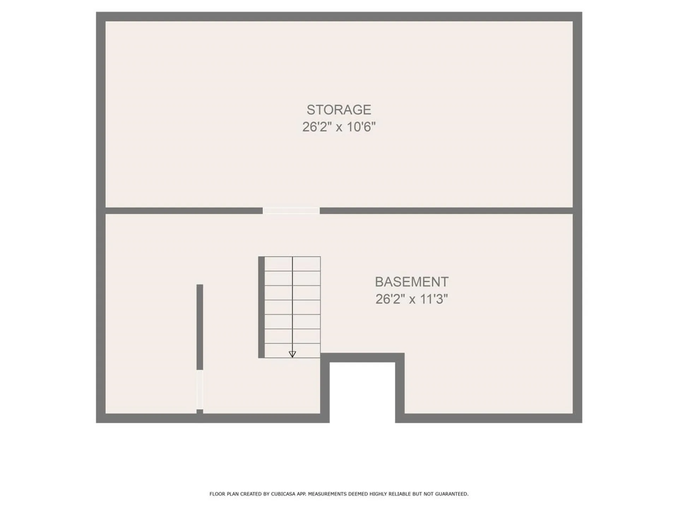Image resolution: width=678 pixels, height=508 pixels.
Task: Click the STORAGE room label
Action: pos(339,110)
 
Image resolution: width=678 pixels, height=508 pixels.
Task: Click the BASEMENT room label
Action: pos(411,282)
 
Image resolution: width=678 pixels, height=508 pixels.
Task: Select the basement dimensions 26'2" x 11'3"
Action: pos(411,300)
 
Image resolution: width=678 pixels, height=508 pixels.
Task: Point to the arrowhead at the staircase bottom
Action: pos(292,354)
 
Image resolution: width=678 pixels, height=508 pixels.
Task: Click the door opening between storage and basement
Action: pos(291,211)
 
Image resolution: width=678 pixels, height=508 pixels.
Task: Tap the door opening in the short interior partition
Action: pos(200,389)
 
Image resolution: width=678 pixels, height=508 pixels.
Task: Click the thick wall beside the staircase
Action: pos(261,307)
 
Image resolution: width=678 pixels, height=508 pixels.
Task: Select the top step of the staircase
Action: pos(292,264)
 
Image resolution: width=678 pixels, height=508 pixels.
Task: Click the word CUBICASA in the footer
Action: pos(283,494)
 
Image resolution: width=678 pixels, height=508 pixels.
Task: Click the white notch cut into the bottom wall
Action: pos(362,392)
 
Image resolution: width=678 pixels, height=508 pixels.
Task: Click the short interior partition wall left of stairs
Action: pos(200,326)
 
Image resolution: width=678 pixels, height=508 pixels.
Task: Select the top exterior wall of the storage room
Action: pos(339,16)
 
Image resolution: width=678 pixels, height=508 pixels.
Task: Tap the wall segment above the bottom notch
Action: pos(362,357)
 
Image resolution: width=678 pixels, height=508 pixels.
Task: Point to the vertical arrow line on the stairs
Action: pos(292,303)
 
